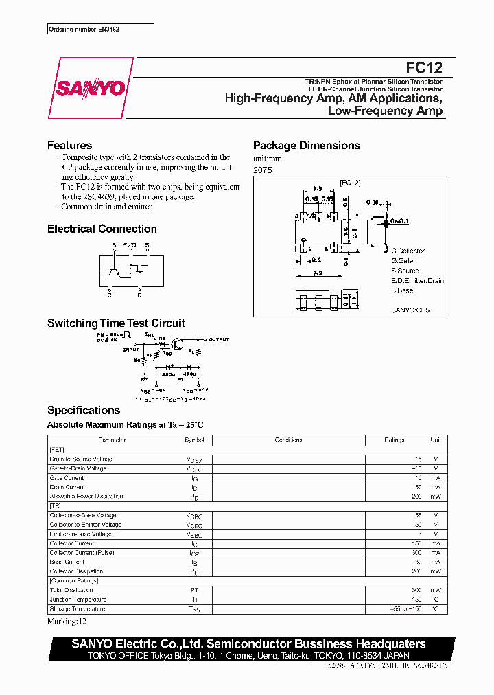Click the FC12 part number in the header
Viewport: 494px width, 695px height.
click(x=424, y=67)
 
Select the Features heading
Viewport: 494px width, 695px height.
click(x=69, y=146)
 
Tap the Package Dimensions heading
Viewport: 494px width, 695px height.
click(x=306, y=146)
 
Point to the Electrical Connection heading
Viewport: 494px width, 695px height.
click(x=102, y=229)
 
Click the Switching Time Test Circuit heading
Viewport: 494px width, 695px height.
click(x=116, y=323)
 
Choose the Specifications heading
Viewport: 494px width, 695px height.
click(x=83, y=411)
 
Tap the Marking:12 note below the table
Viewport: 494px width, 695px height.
click(x=67, y=622)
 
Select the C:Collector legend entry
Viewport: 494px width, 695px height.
click(x=408, y=251)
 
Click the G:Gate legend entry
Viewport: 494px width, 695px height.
click(x=402, y=261)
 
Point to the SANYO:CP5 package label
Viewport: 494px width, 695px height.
click(x=410, y=310)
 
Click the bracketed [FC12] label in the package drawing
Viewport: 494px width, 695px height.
click(x=350, y=183)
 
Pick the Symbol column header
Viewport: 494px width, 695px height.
click(x=194, y=440)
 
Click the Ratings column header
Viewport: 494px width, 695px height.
click(x=394, y=440)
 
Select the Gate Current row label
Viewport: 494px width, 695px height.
click(x=67, y=477)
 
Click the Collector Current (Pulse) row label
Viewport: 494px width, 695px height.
click(x=82, y=552)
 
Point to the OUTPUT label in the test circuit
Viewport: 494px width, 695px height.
click(x=220, y=339)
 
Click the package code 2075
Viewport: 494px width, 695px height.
click(x=263, y=170)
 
